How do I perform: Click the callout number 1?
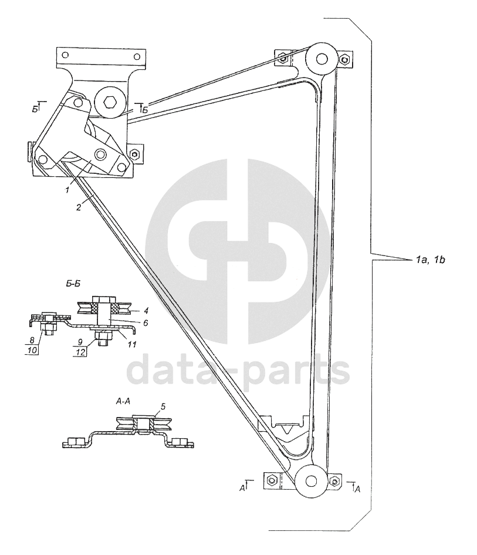coord(67,190)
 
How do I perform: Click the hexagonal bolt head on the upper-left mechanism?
coord(110,103)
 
